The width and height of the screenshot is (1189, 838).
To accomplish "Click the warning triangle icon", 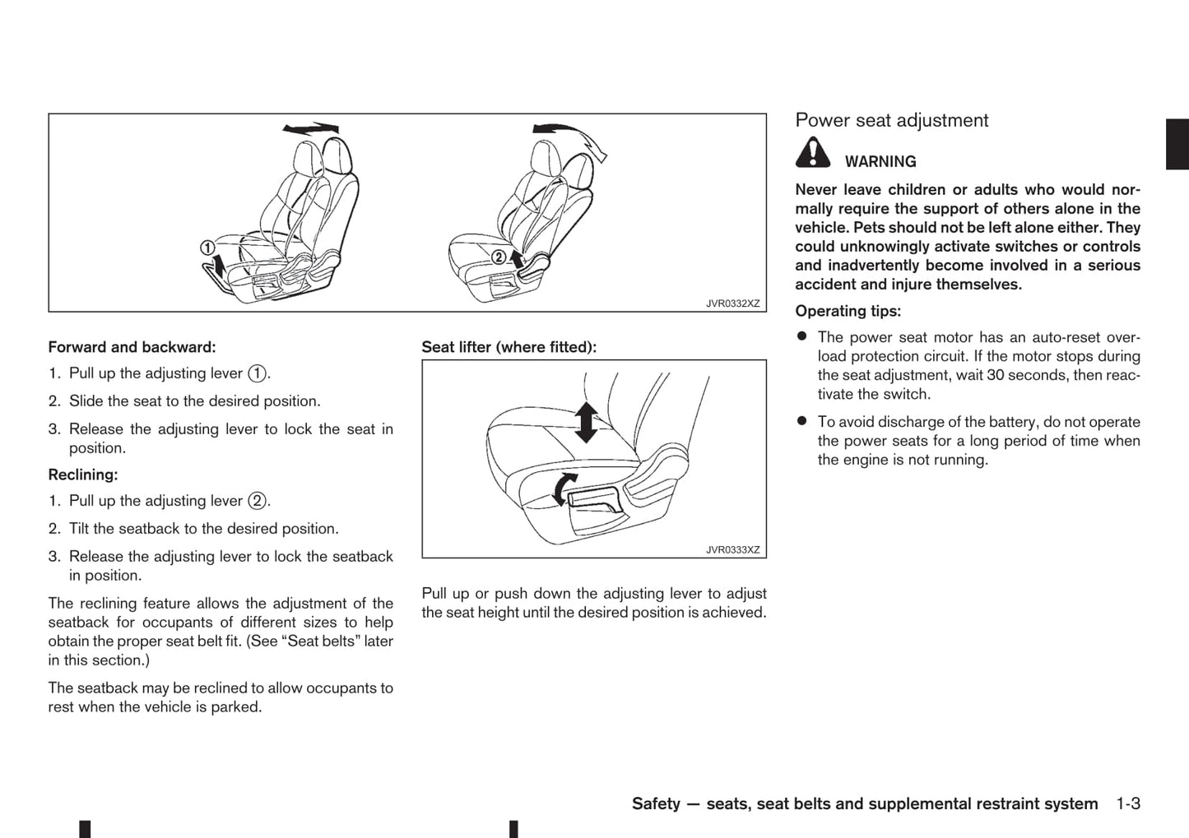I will (812, 153).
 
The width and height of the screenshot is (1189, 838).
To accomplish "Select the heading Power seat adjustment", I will (891, 121).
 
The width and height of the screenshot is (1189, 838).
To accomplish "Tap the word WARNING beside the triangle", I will (880, 162).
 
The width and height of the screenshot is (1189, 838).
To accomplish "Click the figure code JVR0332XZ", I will (732, 303).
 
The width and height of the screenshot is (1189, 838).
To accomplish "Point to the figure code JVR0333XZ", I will (732, 550).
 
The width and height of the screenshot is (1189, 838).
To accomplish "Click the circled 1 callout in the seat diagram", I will (207, 248).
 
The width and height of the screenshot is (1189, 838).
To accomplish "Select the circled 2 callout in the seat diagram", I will (498, 257).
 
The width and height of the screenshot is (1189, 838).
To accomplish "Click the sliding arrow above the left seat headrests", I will (310, 128).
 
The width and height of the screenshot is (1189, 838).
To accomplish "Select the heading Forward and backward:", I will (132, 348).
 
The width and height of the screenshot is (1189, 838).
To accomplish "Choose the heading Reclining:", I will (83, 475).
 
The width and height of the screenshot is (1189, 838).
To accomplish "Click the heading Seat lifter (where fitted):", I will (509, 348).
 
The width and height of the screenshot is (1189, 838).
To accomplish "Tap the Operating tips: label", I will (848, 312).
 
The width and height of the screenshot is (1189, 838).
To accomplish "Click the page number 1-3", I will (1128, 804).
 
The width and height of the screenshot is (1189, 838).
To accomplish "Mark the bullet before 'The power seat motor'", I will (801, 337).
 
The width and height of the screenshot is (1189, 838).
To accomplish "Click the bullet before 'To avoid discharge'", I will (801, 421).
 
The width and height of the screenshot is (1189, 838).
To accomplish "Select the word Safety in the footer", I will (656, 804).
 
